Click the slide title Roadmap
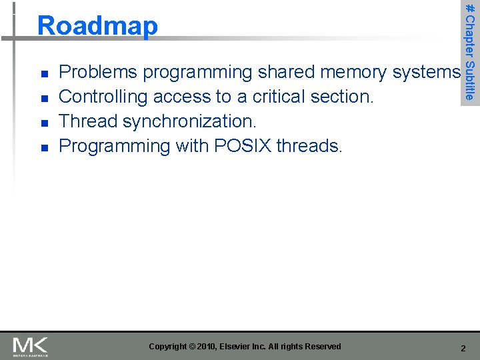point(98,26)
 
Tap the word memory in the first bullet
point(357,72)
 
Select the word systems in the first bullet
point(427,72)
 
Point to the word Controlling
point(103,97)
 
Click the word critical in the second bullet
point(281,97)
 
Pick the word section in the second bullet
point(343,97)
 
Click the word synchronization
point(189,122)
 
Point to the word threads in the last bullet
point(308,146)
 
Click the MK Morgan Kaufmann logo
point(30,346)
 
